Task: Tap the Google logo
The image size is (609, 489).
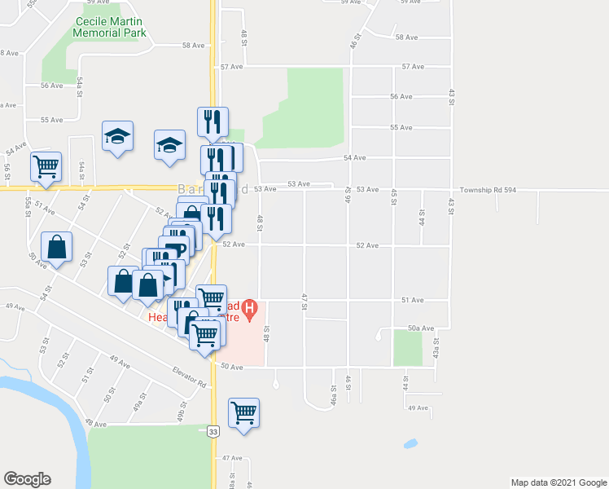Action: (27, 479)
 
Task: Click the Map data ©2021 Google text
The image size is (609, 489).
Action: (558, 482)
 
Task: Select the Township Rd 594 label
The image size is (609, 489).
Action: (493, 189)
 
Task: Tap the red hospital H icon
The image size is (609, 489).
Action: (252, 309)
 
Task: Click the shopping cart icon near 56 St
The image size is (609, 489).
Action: (46, 165)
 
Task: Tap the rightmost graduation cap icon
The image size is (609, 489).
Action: (169, 143)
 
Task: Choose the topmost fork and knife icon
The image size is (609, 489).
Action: (212, 121)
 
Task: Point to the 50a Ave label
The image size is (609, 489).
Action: (420, 328)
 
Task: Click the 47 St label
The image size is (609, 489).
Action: (303, 301)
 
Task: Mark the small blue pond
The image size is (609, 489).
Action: (410, 444)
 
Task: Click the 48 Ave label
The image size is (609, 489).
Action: (96, 424)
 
